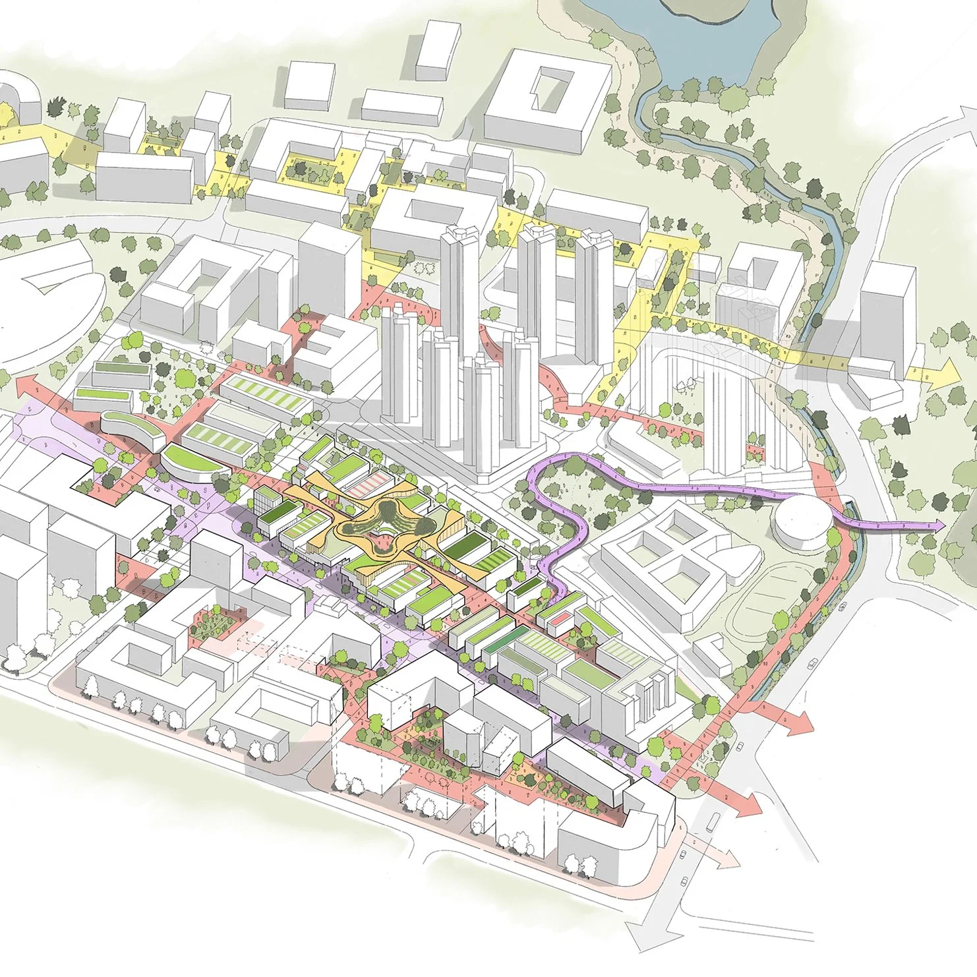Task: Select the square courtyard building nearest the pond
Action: pos(546,99)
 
